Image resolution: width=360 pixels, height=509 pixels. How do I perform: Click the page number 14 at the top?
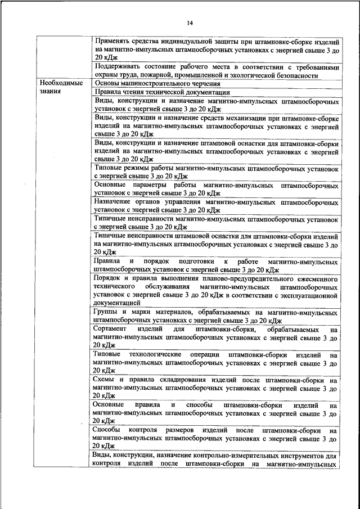(190, 22)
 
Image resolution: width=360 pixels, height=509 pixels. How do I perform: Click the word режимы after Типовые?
(136, 169)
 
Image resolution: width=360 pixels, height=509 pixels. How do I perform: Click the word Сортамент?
(112, 328)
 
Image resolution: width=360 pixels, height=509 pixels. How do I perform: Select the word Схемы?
(106, 380)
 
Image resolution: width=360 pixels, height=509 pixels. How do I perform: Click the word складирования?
(177, 380)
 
